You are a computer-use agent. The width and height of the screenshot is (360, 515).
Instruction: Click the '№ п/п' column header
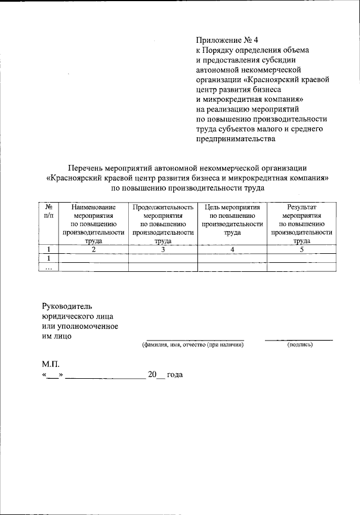click(48, 212)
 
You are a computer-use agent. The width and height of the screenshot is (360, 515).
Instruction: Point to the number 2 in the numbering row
click(93, 249)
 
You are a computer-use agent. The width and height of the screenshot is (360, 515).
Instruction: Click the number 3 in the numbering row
click(163, 249)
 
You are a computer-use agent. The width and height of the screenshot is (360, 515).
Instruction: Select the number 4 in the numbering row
click(232, 249)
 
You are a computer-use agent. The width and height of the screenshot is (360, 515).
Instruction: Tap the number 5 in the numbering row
click(301, 249)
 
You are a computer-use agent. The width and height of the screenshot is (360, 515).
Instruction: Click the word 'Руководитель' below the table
click(66, 306)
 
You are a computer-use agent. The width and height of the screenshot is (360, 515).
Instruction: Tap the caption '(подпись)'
click(299, 344)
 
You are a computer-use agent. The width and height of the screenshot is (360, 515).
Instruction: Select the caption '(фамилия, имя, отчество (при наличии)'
click(192, 344)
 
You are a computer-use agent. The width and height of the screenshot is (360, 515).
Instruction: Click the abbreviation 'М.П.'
click(49, 364)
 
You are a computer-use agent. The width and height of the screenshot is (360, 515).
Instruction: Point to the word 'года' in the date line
click(175, 375)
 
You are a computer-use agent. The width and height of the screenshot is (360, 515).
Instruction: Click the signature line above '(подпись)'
click(299, 339)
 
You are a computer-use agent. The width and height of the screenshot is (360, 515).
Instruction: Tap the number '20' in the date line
click(152, 375)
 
